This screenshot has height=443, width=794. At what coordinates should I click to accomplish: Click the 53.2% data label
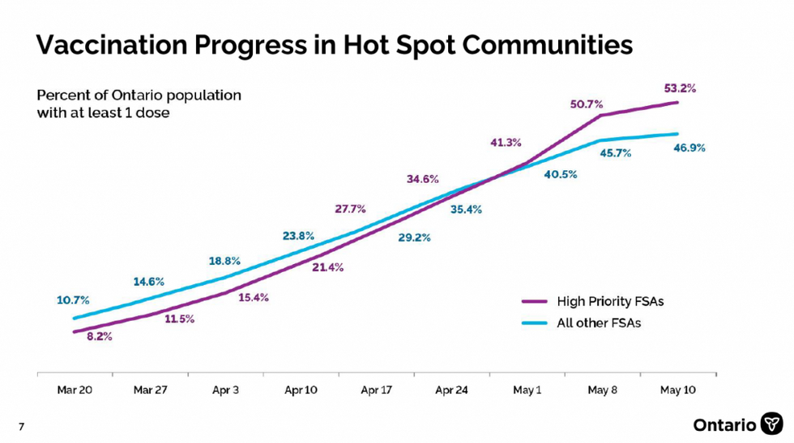(681, 87)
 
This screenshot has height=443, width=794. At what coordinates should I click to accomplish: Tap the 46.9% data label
(689, 147)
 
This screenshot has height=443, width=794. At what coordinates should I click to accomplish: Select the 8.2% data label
(100, 335)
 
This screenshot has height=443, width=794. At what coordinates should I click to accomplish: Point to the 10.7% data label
(73, 300)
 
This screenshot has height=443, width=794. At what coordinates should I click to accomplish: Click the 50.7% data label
(586, 104)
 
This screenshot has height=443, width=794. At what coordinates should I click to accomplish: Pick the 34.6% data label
(422, 179)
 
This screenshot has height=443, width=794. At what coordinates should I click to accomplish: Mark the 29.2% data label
(413, 238)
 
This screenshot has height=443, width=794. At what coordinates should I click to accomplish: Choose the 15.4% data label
(254, 298)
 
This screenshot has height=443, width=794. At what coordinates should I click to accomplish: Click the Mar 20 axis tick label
(75, 390)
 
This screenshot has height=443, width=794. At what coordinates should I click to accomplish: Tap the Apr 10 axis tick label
(301, 390)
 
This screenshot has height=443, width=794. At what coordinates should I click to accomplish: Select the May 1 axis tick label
(527, 390)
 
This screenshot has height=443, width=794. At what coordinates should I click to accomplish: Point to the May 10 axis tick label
(678, 390)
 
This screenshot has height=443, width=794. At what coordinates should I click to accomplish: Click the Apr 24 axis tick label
(451, 390)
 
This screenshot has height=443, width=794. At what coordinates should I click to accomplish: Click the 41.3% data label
(506, 143)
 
